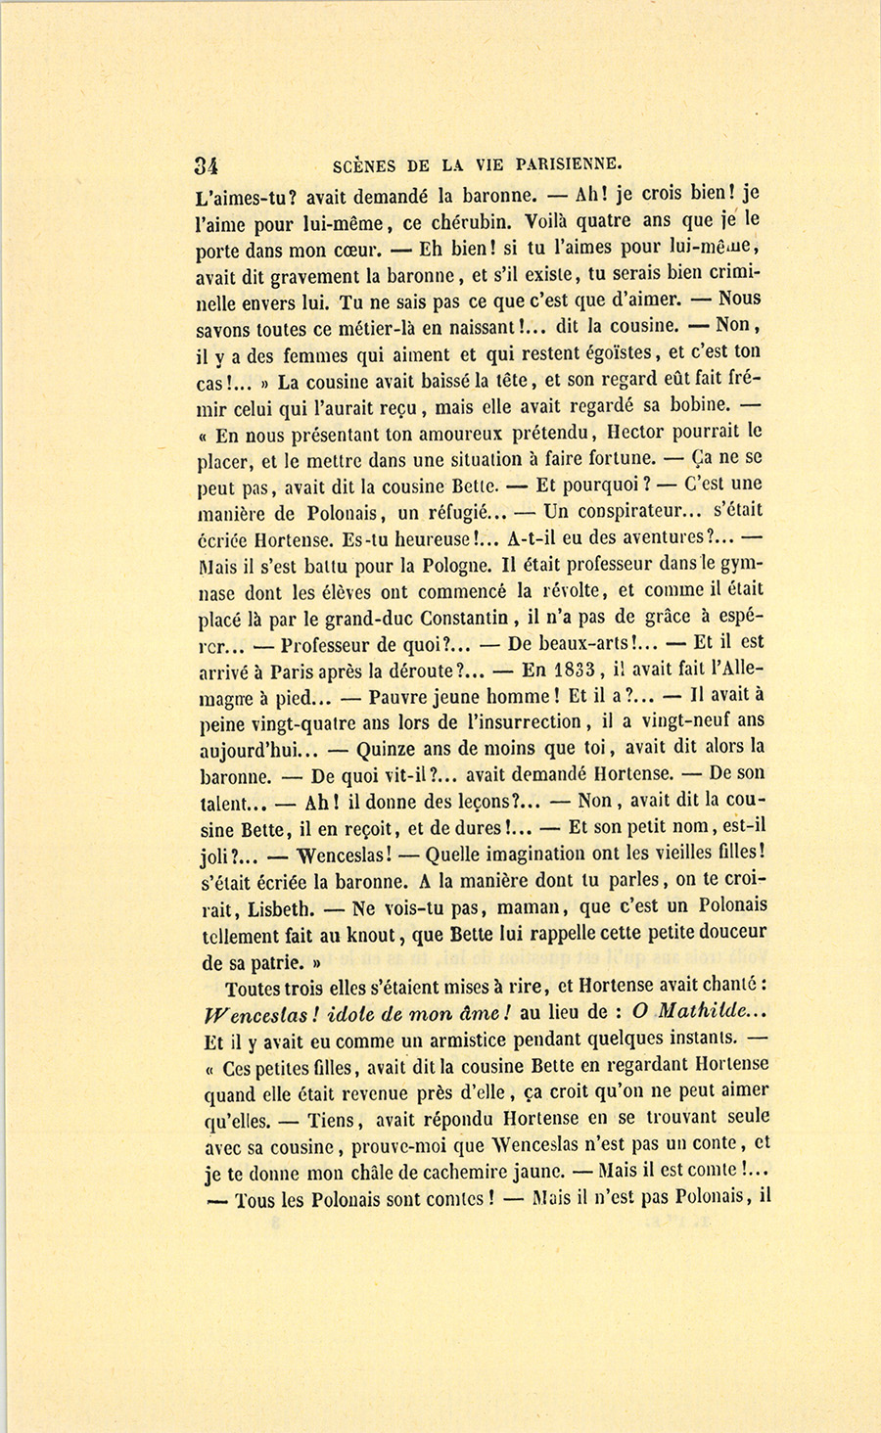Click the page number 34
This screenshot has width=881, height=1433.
click(207, 163)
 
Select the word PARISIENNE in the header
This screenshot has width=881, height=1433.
click(555, 163)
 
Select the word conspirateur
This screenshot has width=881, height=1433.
click(624, 510)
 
